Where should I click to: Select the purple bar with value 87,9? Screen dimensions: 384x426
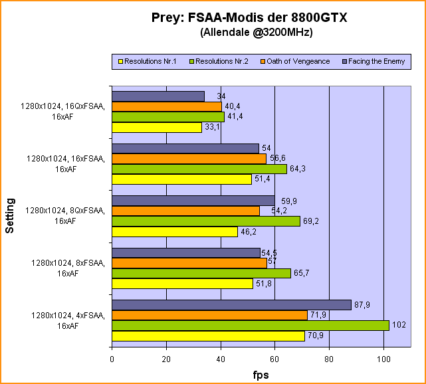click(231, 305)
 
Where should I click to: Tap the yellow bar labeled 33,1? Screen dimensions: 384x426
click(157, 128)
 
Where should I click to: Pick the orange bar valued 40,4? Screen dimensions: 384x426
click(167, 106)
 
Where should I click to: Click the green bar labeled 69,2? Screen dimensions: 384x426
click(206, 221)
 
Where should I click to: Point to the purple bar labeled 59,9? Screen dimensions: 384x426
click(193, 201)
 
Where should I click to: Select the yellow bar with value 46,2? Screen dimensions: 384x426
click(175, 232)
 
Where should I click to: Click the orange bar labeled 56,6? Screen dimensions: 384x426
click(189, 159)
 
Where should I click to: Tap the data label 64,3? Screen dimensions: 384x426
click(298, 169)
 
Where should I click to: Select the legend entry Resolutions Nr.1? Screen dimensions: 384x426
click(147, 61)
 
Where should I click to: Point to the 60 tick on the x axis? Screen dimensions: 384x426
click(275, 359)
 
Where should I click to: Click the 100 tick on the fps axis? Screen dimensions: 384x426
click(383, 359)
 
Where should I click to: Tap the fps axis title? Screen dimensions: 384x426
click(261, 375)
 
